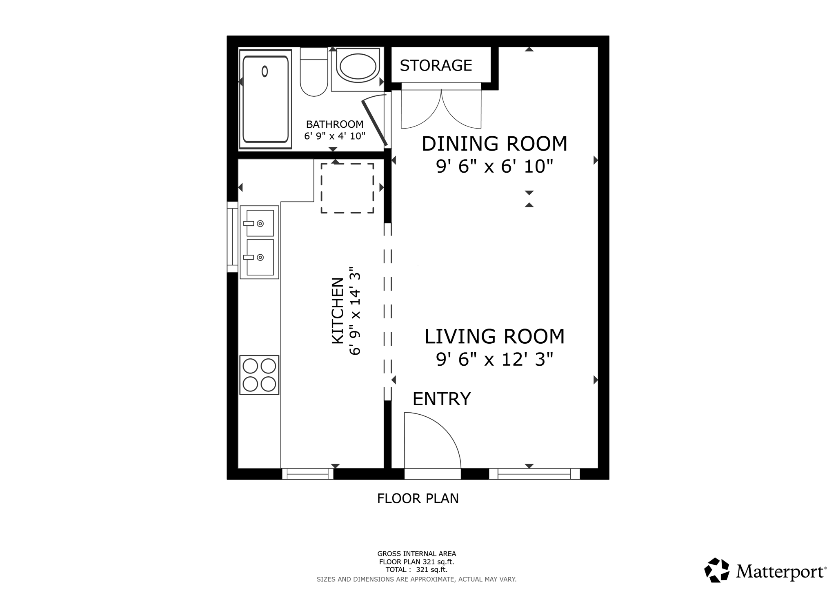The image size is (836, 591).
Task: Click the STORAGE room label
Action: click(x=436, y=65)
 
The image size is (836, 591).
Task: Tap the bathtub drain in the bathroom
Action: click(x=265, y=71)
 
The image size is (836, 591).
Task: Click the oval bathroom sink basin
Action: click(x=358, y=67)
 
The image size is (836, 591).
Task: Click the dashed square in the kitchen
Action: click(x=347, y=188)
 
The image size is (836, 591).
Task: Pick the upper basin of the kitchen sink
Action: click(x=260, y=223)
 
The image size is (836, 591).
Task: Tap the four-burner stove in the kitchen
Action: click(x=259, y=375)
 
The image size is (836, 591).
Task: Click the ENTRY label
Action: click(x=441, y=399)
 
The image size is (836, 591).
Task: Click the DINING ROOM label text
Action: click(x=494, y=144)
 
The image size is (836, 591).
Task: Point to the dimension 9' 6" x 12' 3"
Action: click(x=494, y=360)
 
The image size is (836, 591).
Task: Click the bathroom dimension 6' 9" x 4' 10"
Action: click(x=334, y=136)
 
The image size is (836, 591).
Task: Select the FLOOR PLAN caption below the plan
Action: click(x=418, y=498)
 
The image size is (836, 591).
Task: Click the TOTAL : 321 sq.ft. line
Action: click(x=416, y=570)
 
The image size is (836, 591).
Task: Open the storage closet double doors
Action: click(x=441, y=108)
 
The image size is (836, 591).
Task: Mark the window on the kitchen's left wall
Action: click(x=232, y=237)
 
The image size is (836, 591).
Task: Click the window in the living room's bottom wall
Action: click(x=534, y=474)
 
